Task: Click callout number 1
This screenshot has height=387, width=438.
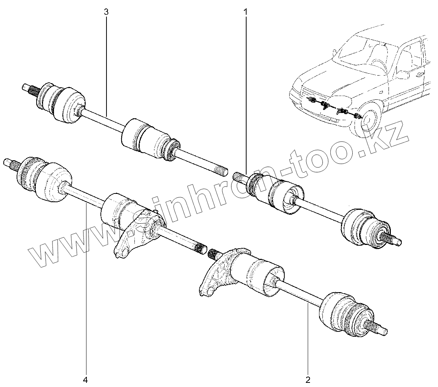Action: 245,12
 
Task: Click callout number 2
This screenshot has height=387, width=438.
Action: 308,378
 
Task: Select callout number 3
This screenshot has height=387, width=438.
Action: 106,12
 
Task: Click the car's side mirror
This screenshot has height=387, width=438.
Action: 403,74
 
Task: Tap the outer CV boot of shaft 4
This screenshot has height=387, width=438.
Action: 42,180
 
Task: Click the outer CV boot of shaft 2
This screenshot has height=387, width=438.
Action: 342,314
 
